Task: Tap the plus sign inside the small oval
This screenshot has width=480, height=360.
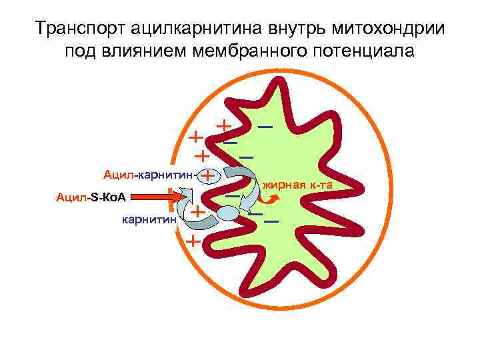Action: coord(209,175)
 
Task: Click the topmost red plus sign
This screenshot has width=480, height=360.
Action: coord(224,125)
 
